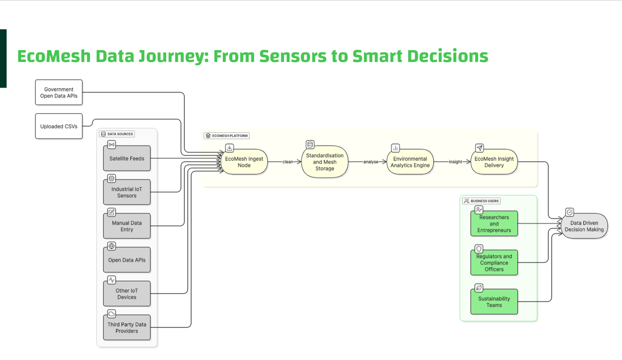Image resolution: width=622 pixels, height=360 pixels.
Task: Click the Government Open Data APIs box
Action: pyautogui.click(x=59, y=92)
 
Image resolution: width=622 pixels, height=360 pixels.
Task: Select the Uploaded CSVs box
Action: pyautogui.click(x=59, y=126)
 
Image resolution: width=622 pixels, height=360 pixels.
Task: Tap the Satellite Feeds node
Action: pyautogui.click(x=127, y=158)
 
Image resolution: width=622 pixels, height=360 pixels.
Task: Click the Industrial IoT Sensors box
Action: pyautogui.click(x=127, y=192)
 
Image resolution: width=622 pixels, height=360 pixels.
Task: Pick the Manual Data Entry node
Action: pyautogui.click(x=127, y=226)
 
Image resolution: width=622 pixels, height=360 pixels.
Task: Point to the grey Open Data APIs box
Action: pyautogui.click(x=127, y=260)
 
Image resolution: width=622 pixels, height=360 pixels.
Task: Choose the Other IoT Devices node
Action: pyautogui.click(x=127, y=294)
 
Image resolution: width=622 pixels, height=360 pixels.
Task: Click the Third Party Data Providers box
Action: pyautogui.click(x=127, y=328)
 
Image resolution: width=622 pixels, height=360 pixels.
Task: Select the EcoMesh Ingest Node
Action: pyautogui.click(x=244, y=162)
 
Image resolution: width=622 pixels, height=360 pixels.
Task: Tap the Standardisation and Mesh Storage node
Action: pyautogui.click(x=324, y=162)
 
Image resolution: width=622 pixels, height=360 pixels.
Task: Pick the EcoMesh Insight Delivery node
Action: pyautogui.click(x=494, y=162)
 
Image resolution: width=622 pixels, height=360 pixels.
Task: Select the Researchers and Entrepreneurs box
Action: pyautogui.click(x=494, y=224)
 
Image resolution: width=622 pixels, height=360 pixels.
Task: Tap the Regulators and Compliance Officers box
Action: pyautogui.click(x=494, y=262)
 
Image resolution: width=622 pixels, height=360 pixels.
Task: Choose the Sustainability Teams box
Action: pyautogui.click(x=494, y=302)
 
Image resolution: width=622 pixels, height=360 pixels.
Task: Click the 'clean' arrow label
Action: pyautogui.click(x=288, y=162)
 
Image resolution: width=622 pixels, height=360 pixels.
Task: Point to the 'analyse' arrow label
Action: pyautogui.click(x=371, y=162)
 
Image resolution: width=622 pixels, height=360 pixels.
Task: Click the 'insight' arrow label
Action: pyautogui.click(x=455, y=162)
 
